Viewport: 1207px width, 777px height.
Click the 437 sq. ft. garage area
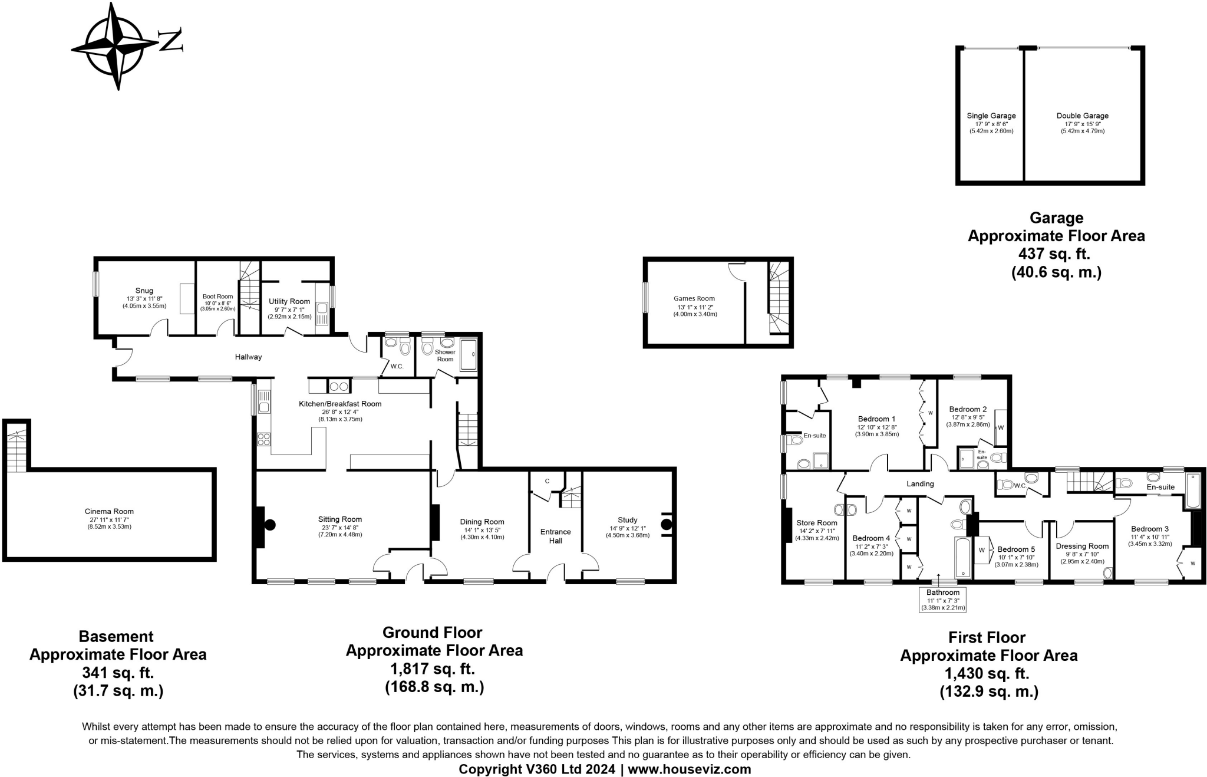1056,254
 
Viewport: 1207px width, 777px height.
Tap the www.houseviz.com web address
690,769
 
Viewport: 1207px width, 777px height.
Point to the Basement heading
116,637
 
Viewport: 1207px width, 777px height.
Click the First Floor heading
987,638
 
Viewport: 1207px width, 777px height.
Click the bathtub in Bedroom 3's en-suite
1192,490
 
